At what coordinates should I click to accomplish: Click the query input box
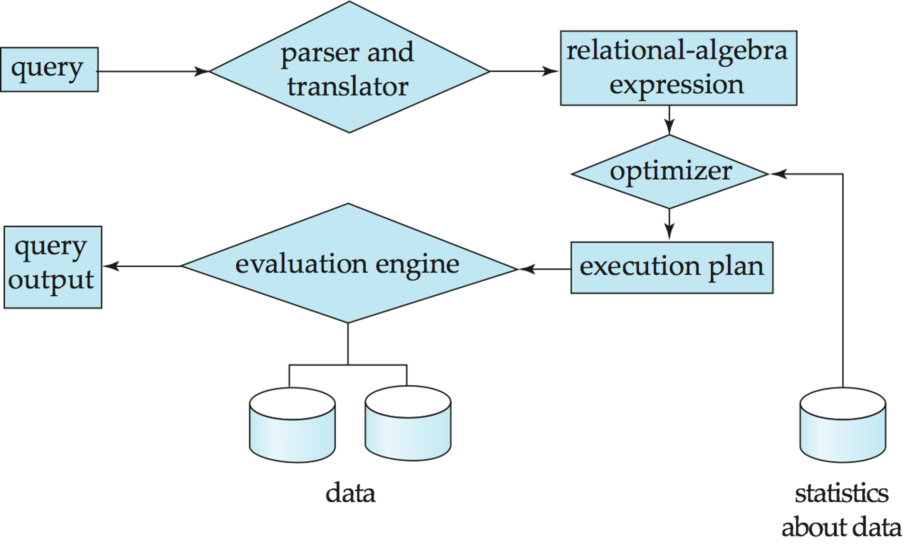(49, 69)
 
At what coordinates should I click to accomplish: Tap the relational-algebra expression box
(678, 68)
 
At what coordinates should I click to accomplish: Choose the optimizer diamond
(670, 172)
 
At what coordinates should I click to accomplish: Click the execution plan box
(672, 267)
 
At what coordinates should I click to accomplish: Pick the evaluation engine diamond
(348, 264)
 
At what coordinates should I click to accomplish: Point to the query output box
(53, 267)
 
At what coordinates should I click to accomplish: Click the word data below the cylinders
(351, 494)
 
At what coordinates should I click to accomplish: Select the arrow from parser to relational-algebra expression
(523, 72)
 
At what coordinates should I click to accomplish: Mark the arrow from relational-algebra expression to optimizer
(669, 121)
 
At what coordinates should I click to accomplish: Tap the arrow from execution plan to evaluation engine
(545, 269)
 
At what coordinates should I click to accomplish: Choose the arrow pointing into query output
(143, 266)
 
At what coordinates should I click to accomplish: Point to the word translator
(348, 87)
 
